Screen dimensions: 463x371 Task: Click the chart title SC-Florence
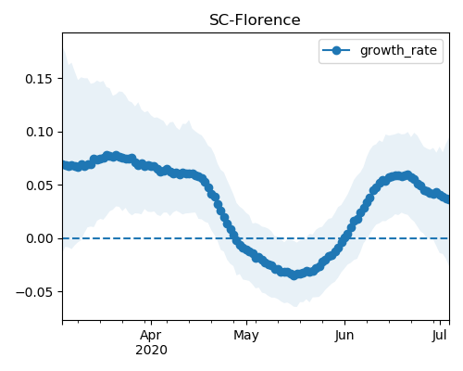click(x=255, y=20)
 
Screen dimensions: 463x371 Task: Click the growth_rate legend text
click(x=398, y=50)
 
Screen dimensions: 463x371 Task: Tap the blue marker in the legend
click(x=336, y=50)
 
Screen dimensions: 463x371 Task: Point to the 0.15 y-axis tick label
click(x=39, y=79)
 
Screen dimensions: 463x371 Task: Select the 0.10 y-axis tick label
click(x=39, y=132)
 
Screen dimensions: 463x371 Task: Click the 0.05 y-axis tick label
click(x=39, y=185)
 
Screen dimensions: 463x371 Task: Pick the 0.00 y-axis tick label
click(x=39, y=238)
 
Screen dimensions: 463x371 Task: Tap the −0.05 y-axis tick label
click(x=34, y=292)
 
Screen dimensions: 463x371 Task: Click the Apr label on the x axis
click(x=151, y=336)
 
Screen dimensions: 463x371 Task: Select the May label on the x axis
click(x=246, y=336)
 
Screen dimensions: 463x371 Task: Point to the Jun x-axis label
click(x=344, y=336)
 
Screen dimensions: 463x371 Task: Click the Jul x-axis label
click(x=440, y=336)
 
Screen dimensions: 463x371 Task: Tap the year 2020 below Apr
click(x=151, y=350)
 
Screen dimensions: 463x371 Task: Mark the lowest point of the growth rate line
click(x=294, y=275)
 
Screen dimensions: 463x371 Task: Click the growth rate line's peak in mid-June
click(x=408, y=175)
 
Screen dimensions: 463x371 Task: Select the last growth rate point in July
click(x=448, y=199)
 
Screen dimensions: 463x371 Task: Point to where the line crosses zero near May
click(x=235, y=238)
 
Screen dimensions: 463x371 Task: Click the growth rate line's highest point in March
click(x=116, y=155)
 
